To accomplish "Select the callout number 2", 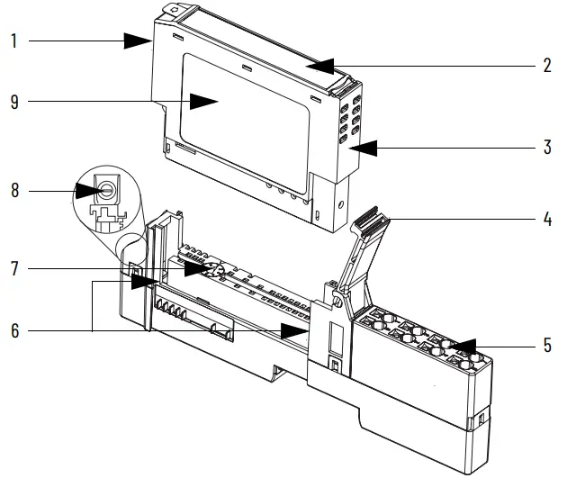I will [x=546, y=66].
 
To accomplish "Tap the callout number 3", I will [x=546, y=148].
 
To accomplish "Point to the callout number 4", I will [x=546, y=217].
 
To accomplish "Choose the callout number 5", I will [x=546, y=344].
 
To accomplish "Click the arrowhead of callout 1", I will [x=140, y=41].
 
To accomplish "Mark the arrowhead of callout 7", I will [x=194, y=268].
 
